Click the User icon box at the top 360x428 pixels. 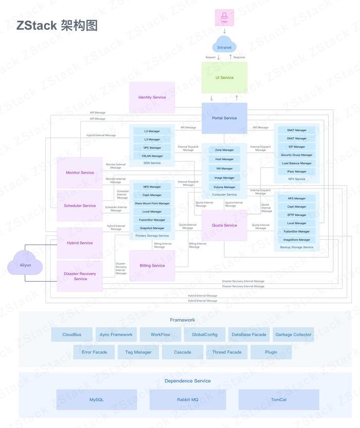click(x=224, y=17)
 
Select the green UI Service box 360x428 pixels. click(x=224, y=78)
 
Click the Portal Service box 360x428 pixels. click(x=224, y=118)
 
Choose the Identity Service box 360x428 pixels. click(x=152, y=97)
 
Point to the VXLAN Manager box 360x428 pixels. click(x=152, y=156)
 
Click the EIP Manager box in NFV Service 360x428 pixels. click(x=297, y=147)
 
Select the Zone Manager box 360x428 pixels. click(x=224, y=150)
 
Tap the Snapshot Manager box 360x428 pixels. click(x=152, y=228)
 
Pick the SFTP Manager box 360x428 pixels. click(x=297, y=215)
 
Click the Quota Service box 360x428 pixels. click(x=224, y=225)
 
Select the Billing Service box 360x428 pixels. click(x=152, y=266)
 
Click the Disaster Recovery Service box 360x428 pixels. click(x=80, y=276)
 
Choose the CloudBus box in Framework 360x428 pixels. click(x=72, y=334)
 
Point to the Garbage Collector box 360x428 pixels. click(x=293, y=334)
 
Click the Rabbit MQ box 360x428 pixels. click(x=188, y=399)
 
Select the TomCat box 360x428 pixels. click(x=278, y=399)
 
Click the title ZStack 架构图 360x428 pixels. click(x=57, y=26)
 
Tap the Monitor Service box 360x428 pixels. click(x=80, y=173)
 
